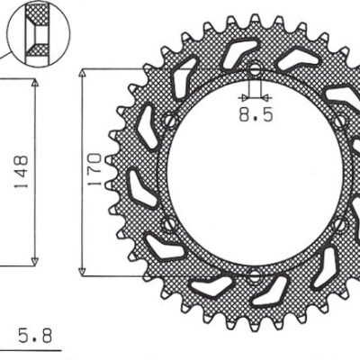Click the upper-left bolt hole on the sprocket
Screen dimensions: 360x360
tap(168, 120)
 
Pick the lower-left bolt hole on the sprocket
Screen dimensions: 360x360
tap(168, 223)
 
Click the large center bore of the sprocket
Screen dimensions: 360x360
tap(254, 171)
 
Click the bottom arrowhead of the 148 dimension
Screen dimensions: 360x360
tap(34, 260)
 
